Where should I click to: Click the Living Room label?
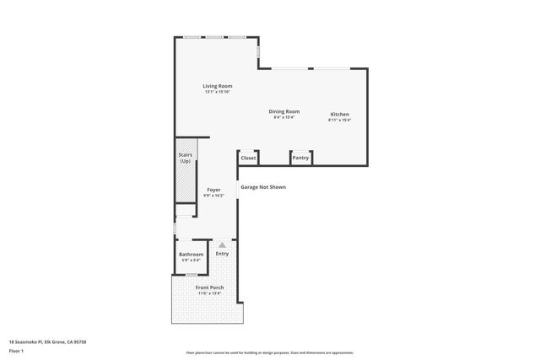[x=217, y=86]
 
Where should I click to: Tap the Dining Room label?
[x=284, y=111]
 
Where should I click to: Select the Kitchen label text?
[x=339, y=114]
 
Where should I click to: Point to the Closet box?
[x=248, y=158]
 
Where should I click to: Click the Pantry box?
[x=300, y=158]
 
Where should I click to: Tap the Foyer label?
[x=213, y=190]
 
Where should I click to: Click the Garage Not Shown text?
[x=263, y=187]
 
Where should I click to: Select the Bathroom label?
[x=191, y=254]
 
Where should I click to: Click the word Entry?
[x=222, y=254]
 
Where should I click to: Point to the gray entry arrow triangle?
[x=222, y=244]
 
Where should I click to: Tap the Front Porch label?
[x=209, y=287]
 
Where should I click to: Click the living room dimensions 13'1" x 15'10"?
[x=217, y=92]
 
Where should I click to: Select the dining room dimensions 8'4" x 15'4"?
[x=284, y=117]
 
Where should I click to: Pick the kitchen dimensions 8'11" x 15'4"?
[x=339, y=120]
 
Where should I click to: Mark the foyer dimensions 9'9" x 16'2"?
[x=213, y=196]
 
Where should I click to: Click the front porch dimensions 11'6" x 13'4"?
[x=209, y=293]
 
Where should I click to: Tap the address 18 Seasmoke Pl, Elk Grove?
[x=47, y=341]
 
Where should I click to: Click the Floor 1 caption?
[x=16, y=351]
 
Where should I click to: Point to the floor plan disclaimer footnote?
[x=269, y=352]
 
